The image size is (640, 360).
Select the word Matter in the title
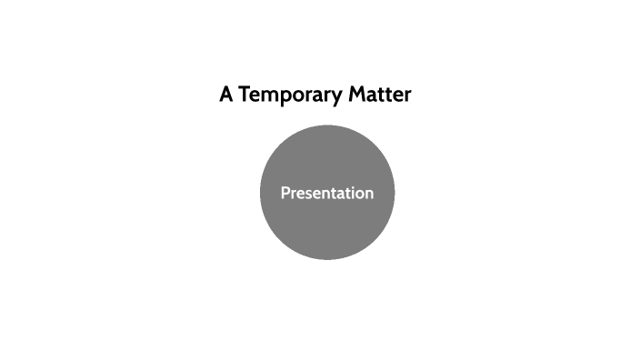point(380,95)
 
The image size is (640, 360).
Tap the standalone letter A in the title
point(226,95)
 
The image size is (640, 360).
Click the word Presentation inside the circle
point(326,194)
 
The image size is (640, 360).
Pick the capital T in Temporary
point(245,95)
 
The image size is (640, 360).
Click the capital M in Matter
point(357,95)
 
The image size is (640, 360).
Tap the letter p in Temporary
point(284,96)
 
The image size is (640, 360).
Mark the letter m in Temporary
point(269,95)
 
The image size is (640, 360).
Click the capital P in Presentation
point(285,194)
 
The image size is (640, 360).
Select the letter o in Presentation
point(357,195)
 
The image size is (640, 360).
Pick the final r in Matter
point(407,95)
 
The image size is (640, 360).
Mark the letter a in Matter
point(371,95)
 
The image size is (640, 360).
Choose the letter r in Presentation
point(293,195)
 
